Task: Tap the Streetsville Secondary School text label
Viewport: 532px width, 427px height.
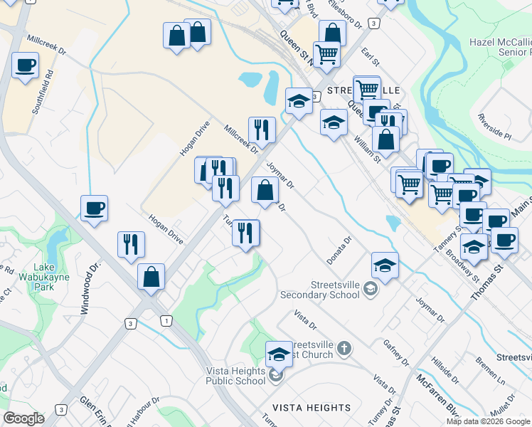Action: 328,289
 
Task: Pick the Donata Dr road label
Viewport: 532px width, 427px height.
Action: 339,249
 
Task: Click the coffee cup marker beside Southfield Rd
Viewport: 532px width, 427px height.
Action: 26,66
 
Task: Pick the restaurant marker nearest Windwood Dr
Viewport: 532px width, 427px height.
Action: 132,244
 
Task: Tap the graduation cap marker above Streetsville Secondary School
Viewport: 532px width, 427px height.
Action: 385,265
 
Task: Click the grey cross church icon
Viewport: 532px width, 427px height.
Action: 344,349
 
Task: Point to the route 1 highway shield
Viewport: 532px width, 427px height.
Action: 165,322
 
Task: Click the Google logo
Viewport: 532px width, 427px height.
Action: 23,418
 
